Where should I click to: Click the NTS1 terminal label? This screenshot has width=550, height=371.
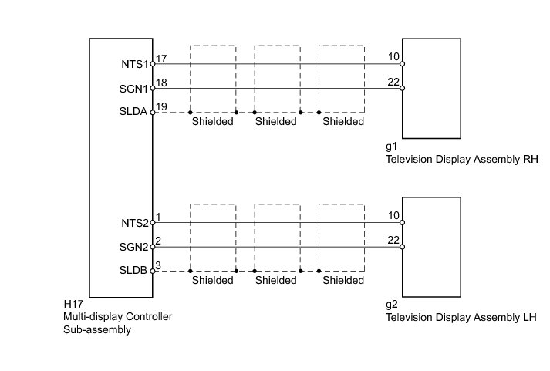click(134, 64)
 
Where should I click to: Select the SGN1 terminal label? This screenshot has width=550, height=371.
click(134, 89)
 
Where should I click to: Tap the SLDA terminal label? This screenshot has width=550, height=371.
click(134, 113)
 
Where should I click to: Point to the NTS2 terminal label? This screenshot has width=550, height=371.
click(134, 223)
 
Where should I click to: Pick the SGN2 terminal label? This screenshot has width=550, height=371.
click(134, 248)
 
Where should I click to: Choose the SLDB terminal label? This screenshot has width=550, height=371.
click(134, 272)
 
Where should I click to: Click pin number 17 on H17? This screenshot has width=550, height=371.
click(161, 59)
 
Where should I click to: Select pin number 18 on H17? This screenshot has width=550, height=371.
click(161, 83)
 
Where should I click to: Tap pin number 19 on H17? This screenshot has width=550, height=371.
click(161, 106)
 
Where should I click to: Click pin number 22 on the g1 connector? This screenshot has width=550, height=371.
click(393, 83)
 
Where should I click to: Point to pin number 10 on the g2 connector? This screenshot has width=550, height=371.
click(393, 217)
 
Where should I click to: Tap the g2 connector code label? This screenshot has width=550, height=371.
click(390, 305)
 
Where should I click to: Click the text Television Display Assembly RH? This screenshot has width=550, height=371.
click(460, 160)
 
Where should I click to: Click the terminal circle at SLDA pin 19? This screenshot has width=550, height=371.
click(153, 113)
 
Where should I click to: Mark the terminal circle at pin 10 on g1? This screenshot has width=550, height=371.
click(403, 64)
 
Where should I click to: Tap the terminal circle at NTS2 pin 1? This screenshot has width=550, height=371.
click(153, 223)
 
